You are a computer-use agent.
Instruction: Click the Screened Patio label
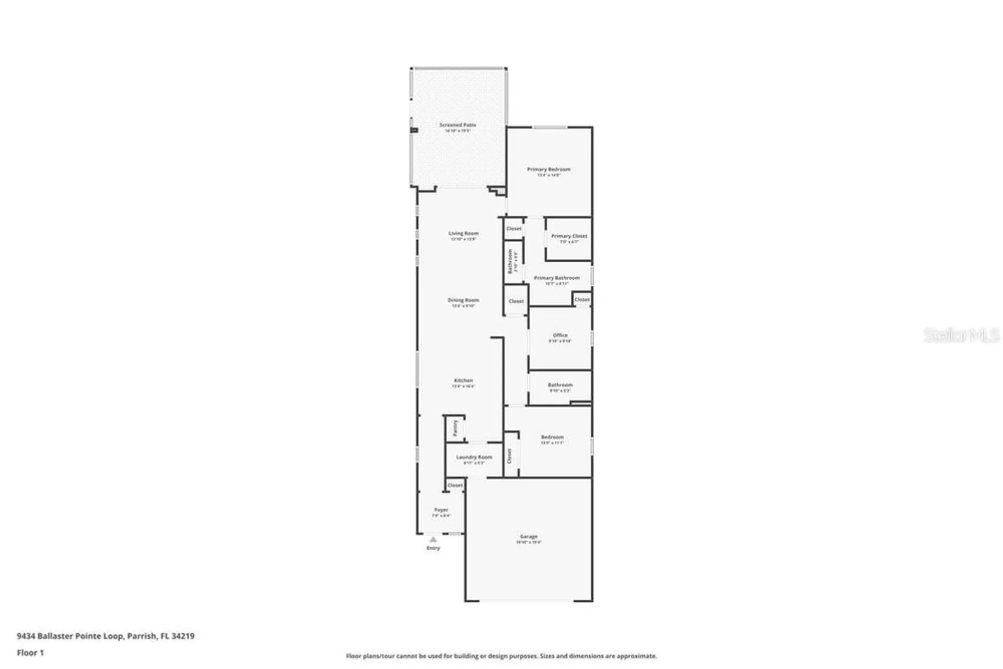coord(457,125)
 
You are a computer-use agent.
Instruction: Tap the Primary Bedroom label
coord(549,170)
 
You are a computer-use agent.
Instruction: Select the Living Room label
coord(463,234)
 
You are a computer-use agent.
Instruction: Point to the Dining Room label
coord(463,300)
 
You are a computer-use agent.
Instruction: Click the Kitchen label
coord(463,381)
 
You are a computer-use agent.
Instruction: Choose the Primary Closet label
coord(569,236)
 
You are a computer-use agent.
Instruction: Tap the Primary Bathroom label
coord(557,278)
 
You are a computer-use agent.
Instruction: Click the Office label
coord(560,336)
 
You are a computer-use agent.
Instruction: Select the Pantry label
coord(455,428)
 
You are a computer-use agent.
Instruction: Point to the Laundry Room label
coord(474,457)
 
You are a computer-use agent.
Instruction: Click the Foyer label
coord(441,510)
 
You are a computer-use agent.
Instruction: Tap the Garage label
coord(529,537)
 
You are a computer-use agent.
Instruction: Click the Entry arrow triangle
coord(433,540)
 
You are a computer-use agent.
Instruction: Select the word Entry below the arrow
coord(433,548)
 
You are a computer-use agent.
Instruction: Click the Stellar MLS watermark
coord(961,335)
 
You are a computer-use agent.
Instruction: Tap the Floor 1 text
coord(30,652)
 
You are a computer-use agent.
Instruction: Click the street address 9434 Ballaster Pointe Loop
coord(70,636)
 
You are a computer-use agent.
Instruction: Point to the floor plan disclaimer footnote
coord(501,656)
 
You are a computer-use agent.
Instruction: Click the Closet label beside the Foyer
coord(455,485)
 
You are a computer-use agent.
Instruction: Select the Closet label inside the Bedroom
coord(510,456)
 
